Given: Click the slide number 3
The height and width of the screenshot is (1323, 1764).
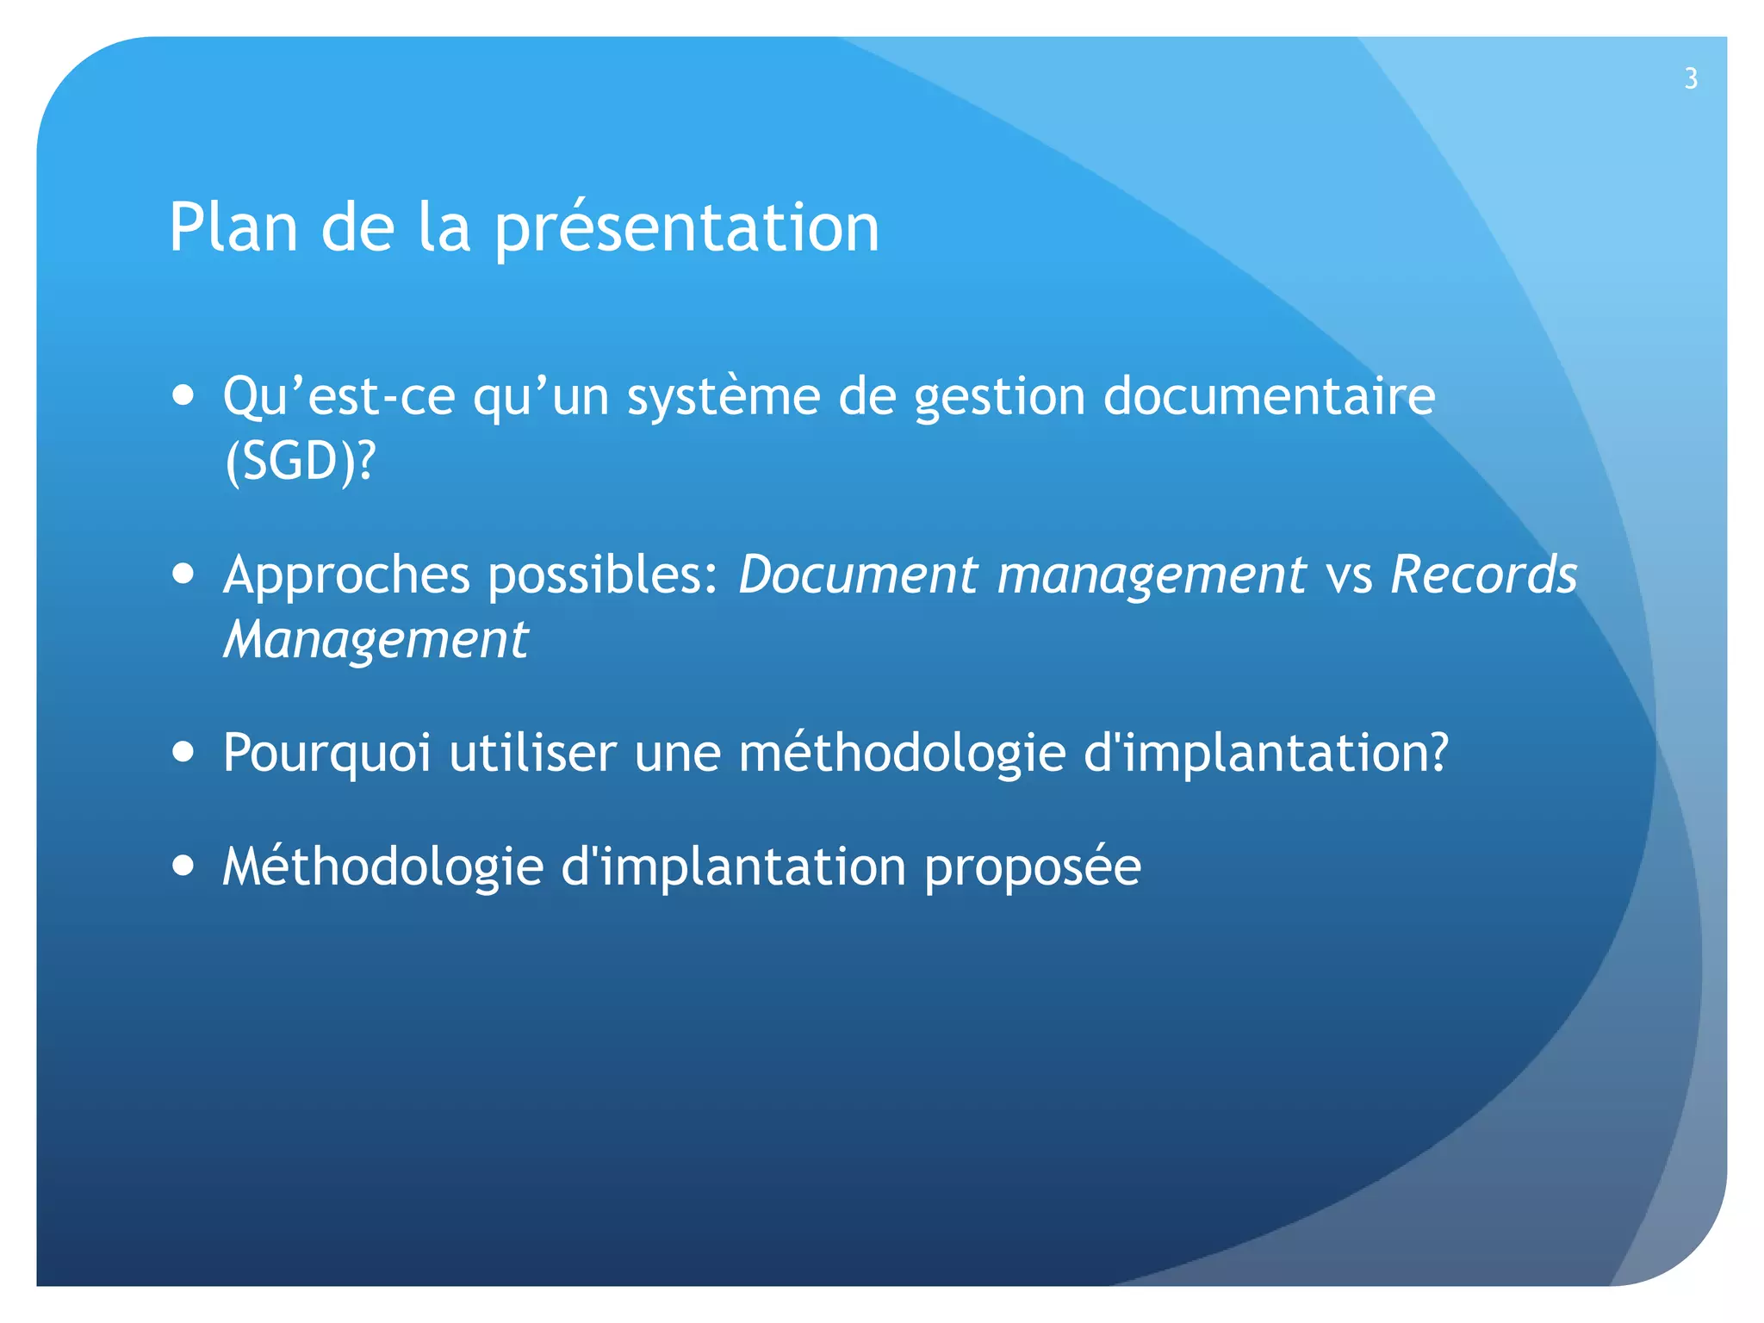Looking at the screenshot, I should [x=1691, y=78].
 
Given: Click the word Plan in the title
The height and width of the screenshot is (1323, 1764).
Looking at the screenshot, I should [x=233, y=227].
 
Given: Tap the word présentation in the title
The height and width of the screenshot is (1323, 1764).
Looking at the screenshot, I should [x=686, y=227].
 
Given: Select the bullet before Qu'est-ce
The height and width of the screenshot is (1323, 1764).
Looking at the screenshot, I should [x=183, y=395].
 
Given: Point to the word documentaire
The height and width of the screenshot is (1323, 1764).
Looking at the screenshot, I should [x=1269, y=396].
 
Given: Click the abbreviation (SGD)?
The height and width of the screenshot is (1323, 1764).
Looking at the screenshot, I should [x=300, y=461].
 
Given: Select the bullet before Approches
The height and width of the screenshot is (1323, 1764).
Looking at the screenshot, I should [x=183, y=574].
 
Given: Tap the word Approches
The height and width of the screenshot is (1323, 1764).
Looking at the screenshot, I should [x=346, y=576].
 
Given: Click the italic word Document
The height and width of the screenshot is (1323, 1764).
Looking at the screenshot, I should [x=858, y=575].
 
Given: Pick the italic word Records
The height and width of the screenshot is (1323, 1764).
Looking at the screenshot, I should [x=1483, y=575].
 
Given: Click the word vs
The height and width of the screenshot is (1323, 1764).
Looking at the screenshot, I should [x=1349, y=576].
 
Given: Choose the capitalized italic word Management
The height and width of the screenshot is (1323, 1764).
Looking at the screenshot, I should [x=376, y=640].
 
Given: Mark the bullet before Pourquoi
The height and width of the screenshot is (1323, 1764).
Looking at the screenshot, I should [x=183, y=751].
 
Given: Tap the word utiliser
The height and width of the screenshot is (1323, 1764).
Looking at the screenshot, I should [x=532, y=752].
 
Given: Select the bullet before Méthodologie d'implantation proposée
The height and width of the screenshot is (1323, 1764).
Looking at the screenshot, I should [x=183, y=865].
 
